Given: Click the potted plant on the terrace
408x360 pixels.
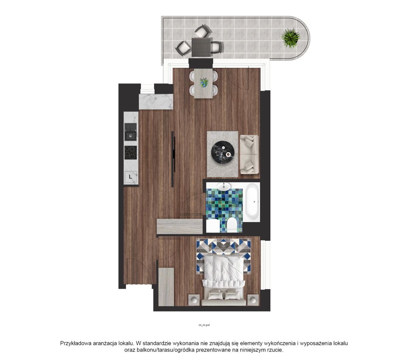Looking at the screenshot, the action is click(290, 38).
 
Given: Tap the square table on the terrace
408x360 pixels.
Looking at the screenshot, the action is click(202, 47).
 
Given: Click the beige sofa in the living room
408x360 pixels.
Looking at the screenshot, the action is click(249, 154).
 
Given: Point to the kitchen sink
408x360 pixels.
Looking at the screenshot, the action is click(131, 132).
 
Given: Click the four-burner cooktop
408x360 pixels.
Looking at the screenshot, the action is click(131, 153).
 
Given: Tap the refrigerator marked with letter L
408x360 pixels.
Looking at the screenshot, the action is click(131, 177).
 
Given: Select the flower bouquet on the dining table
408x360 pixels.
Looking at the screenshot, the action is click(204, 83).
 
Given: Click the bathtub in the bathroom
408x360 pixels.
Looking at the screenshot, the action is click(253, 202).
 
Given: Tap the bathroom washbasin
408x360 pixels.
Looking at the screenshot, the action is click(224, 186).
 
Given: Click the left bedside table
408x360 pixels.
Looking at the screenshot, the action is click(194, 300).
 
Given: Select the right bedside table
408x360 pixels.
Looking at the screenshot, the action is click(253, 300).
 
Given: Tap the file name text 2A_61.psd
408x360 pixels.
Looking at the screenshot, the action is click(204, 325).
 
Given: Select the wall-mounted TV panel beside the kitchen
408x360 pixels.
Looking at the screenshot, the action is click(173, 159).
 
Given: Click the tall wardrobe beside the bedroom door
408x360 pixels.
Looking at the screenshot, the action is click(166, 287).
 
